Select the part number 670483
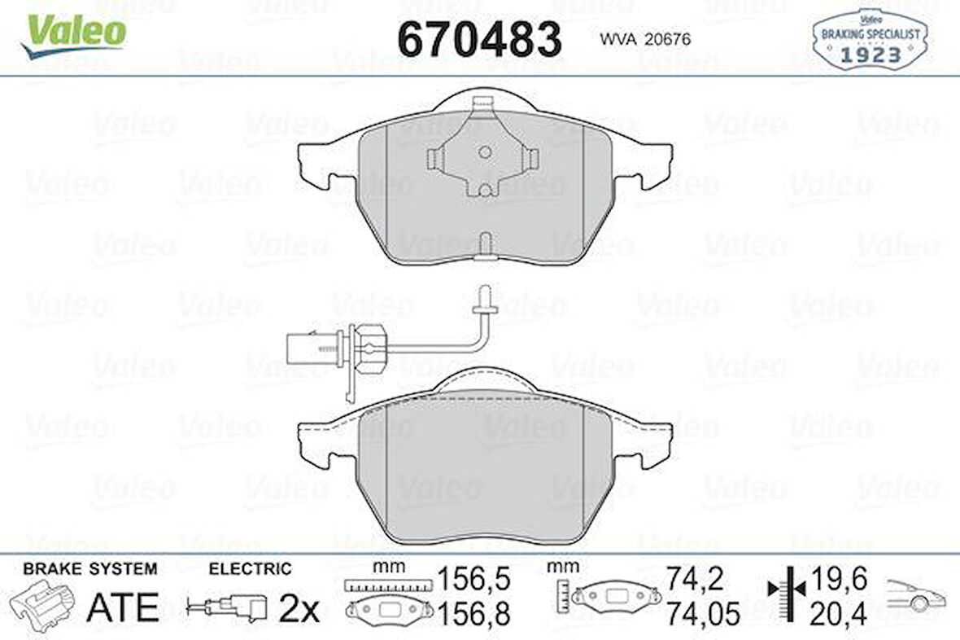(x=479, y=38)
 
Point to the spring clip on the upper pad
(x=484, y=151)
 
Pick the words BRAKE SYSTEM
(x=90, y=569)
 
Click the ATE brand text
(x=123, y=607)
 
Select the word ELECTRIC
(x=250, y=569)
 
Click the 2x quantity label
(x=299, y=610)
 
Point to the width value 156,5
(x=474, y=580)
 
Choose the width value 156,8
(x=474, y=613)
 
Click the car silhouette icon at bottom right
(x=915, y=595)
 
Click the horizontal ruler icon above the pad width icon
(x=386, y=585)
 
